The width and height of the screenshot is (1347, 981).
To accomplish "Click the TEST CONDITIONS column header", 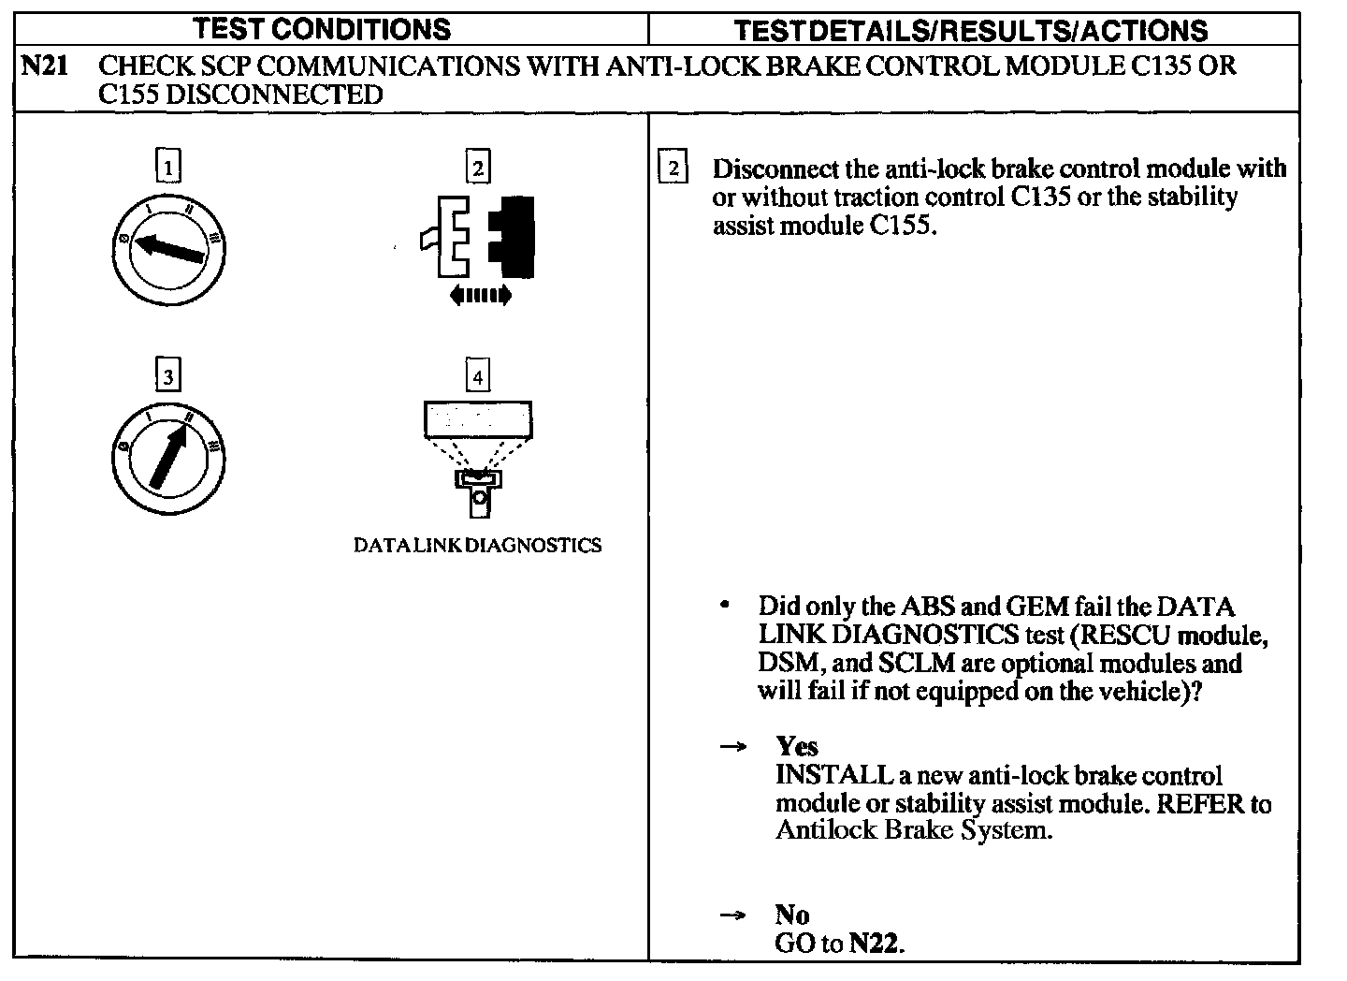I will tap(322, 29).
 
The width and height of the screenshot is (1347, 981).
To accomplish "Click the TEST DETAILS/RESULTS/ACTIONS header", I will tap(970, 31).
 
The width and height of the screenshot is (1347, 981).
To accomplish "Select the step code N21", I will tap(43, 66).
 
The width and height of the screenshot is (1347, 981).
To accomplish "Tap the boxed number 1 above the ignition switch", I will tap(167, 168).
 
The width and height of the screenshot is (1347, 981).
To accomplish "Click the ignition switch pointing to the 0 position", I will tap(168, 248).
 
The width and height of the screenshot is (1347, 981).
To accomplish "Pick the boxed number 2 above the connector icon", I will tap(478, 168).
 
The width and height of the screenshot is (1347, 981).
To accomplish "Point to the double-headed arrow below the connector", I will tap(480, 296).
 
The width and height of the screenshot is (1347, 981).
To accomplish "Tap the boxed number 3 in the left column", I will tap(167, 376).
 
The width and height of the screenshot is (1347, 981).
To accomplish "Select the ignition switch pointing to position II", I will tap(168, 458).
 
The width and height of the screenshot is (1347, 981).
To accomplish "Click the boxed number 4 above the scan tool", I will tap(478, 376).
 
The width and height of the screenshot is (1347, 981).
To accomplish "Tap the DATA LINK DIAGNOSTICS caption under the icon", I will tap(477, 546).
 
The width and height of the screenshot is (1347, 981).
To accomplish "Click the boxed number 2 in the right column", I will tap(673, 168).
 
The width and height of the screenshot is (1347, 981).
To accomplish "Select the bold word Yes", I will tap(797, 746).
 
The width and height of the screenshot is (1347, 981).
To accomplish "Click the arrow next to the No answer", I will tap(732, 915).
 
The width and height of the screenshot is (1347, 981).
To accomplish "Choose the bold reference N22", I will tap(875, 944).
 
